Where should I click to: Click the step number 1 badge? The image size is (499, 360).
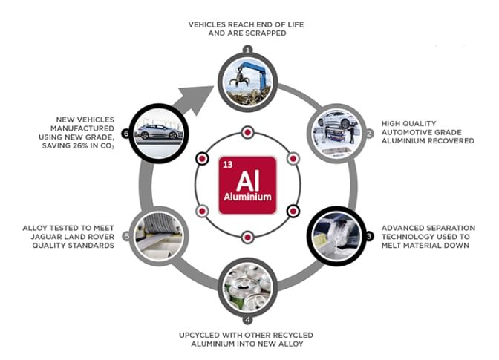(x=247, y=50)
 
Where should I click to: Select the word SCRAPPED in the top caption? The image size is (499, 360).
(x=270, y=33)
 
